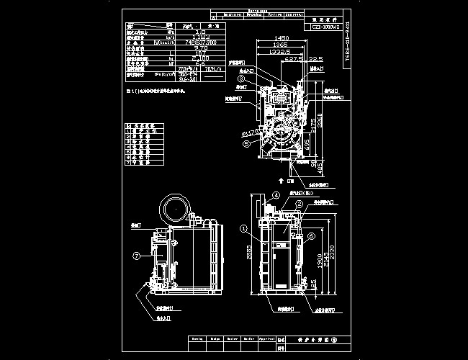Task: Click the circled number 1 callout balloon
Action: tap(243, 230)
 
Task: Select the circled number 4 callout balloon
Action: tap(276, 195)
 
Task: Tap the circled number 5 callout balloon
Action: tap(247, 143)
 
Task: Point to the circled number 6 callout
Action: tap(310, 235)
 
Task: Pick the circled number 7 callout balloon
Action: tap(135, 254)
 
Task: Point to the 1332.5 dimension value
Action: tap(278, 52)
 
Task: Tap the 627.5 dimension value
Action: tap(293, 60)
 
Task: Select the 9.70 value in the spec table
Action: tap(202, 48)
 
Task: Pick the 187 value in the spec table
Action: tap(202, 53)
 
